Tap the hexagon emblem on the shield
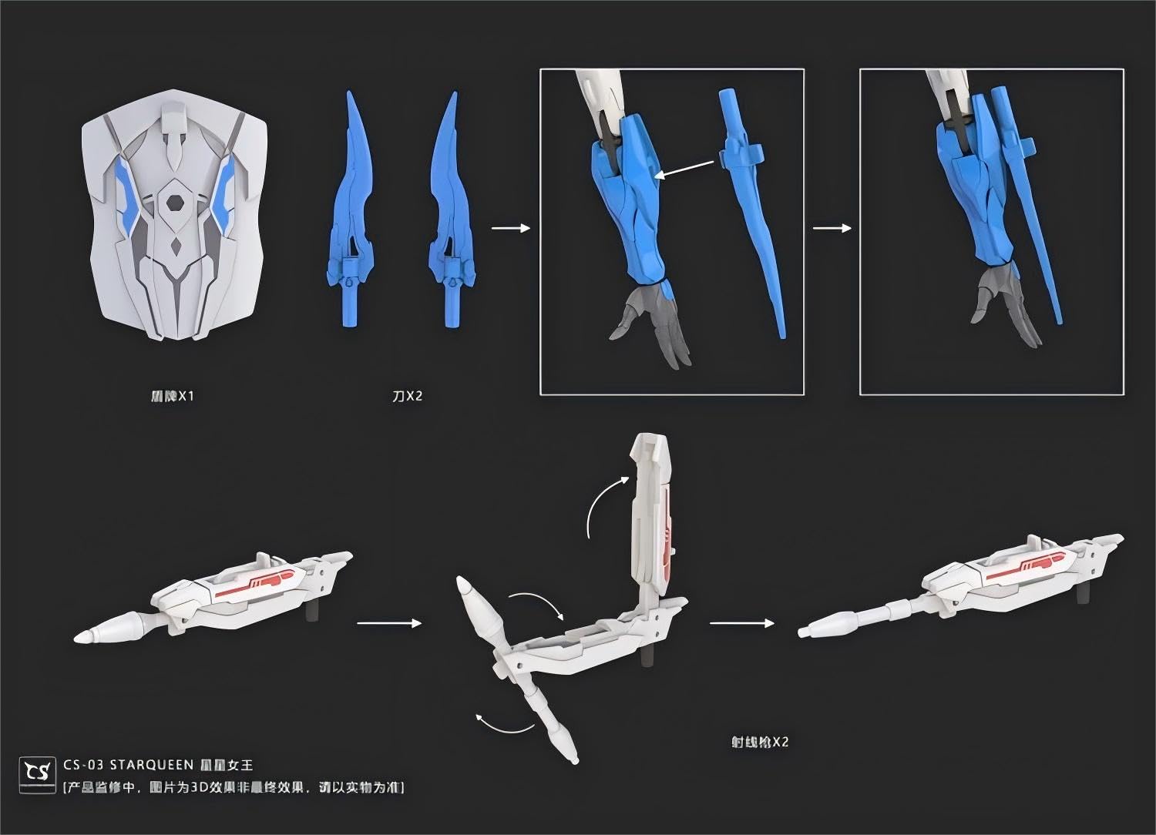(x=176, y=203)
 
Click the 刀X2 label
(x=407, y=397)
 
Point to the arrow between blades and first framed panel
(x=510, y=228)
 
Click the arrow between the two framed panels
(x=832, y=228)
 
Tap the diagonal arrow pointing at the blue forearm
(x=684, y=169)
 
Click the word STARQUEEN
(x=151, y=765)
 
